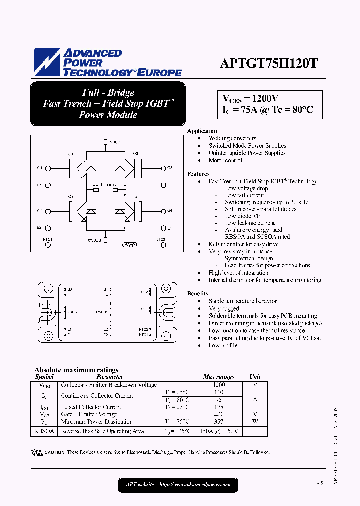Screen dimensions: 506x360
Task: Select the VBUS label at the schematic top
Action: tap(115, 142)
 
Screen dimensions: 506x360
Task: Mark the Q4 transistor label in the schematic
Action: tap(135, 197)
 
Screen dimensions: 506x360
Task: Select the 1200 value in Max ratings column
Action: tap(218, 385)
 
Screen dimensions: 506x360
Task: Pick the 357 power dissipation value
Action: tap(218, 422)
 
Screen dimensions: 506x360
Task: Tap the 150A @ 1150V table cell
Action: tap(219, 431)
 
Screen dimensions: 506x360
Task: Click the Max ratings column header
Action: tap(218, 377)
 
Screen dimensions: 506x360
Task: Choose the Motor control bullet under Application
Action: tap(225, 160)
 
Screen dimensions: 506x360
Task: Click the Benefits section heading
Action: tap(197, 293)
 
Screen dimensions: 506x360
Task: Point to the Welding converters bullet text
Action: tap(232, 138)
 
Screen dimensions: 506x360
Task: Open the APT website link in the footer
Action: tap(178, 484)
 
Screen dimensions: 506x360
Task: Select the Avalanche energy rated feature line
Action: tap(253, 230)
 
